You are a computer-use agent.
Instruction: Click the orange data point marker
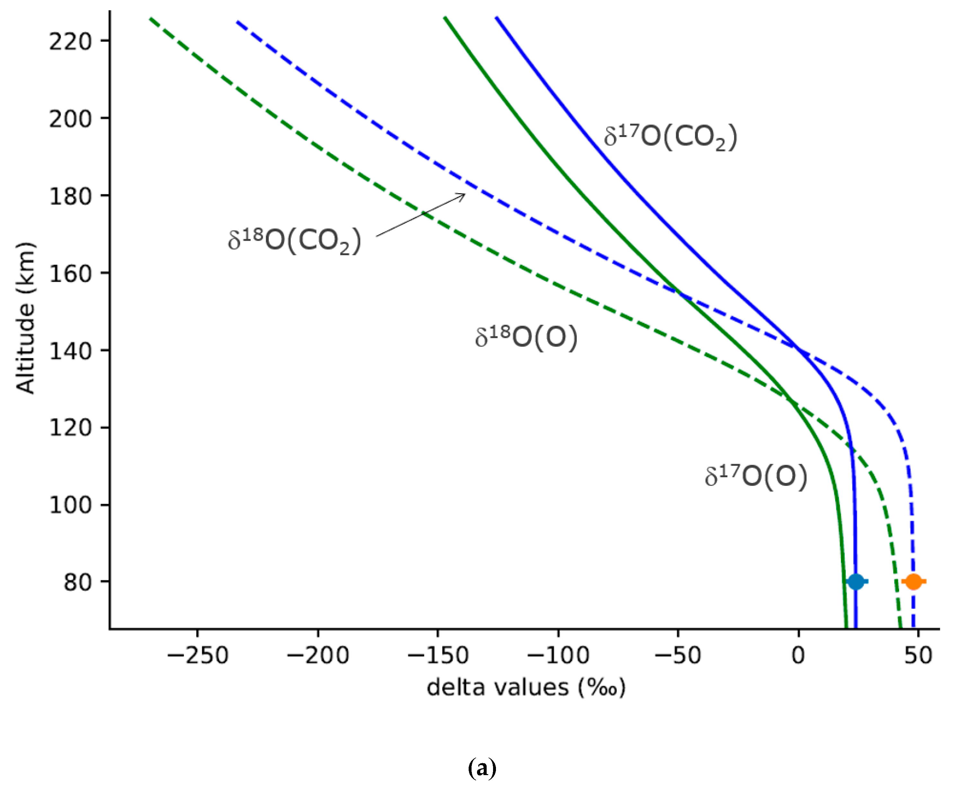click(913, 581)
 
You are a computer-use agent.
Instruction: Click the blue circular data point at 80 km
click(855, 581)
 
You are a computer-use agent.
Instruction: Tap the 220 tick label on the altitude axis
click(70, 42)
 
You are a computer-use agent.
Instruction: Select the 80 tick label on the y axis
click(77, 582)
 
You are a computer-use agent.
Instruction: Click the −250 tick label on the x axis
click(197, 655)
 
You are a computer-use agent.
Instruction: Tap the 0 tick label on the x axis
click(798, 655)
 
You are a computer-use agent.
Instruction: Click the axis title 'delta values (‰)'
click(526, 687)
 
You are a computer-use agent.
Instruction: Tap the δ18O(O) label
click(526, 338)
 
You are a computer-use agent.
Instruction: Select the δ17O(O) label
click(755, 476)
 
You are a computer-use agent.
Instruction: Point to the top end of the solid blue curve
click(497, 18)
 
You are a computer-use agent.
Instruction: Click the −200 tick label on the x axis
click(318, 655)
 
